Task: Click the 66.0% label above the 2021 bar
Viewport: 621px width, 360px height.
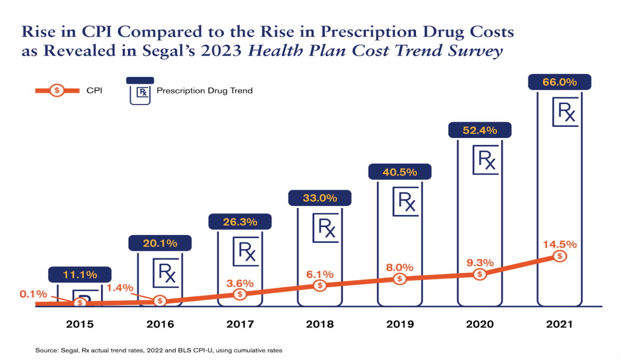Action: [x=559, y=82]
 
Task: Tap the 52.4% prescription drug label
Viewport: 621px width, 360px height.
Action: [x=480, y=131]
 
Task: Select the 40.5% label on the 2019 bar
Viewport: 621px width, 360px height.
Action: [x=400, y=172]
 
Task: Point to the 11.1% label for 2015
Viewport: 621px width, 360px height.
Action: [x=80, y=275]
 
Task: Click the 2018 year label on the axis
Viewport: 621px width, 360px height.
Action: [x=320, y=324]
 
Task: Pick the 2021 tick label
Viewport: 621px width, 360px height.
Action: [x=559, y=324]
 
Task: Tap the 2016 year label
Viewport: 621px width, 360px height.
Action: [x=160, y=324]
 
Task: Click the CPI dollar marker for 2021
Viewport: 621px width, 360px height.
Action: [x=560, y=256]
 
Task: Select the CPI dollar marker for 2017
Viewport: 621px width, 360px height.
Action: [x=240, y=294]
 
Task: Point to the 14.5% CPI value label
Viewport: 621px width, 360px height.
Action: [x=559, y=244]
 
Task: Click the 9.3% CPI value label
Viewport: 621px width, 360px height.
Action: [x=480, y=263]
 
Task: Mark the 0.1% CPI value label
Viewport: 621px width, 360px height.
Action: [x=33, y=294]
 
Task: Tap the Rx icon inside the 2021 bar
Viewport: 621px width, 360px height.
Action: [x=565, y=112]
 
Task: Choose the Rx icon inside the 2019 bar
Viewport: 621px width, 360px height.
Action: [x=406, y=201]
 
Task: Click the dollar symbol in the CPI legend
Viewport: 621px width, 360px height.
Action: [x=57, y=91]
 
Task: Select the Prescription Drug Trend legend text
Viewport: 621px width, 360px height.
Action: [x=205, y=91]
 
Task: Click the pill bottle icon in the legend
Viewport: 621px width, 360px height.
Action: [x=140, y=91]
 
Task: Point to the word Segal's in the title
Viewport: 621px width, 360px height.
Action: [x=169, y=51]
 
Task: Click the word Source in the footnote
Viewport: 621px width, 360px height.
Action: [x=46, y=350]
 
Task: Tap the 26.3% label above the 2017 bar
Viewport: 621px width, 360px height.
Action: [x=240, y=222]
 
